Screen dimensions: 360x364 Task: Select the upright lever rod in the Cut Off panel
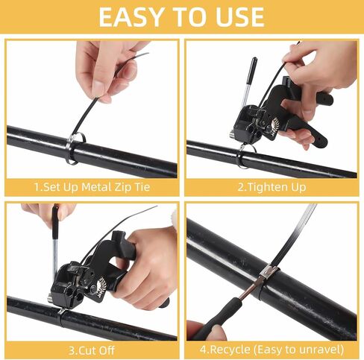56,239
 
